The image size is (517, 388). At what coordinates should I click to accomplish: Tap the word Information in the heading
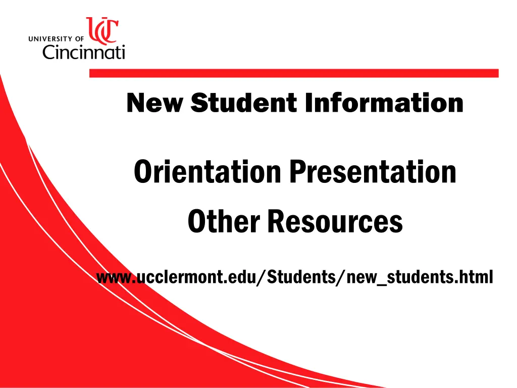click(x=384, y=103)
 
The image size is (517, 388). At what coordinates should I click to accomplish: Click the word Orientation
click(x=207, y=172)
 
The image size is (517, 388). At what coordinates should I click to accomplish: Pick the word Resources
click(x=335, y=222)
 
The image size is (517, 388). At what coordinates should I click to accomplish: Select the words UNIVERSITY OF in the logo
click(x=57, y=38)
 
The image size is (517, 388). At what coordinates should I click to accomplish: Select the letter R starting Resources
click(x=275, y=222)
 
